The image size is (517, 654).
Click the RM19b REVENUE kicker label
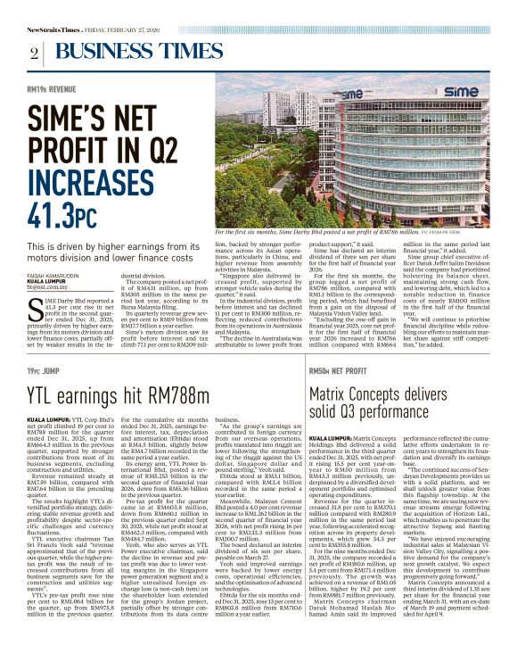point(50,90)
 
